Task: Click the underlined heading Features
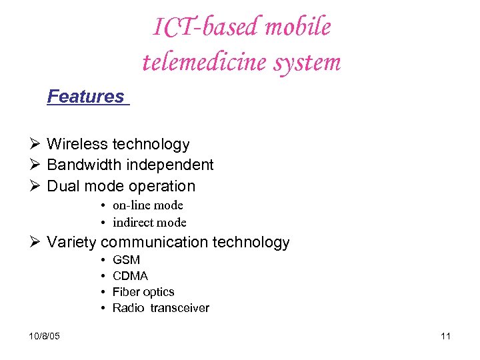point(86,97)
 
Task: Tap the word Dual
point(63,186)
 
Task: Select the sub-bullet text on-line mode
point(147,205)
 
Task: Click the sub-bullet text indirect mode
point(149,223)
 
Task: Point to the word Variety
point(71,242)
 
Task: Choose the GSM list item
point(126,260)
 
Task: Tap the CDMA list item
point(130,276)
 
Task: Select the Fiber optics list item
point(143,292)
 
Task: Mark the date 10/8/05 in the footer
point(45,336)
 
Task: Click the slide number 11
point(445,336)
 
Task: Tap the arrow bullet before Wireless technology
point(36,144)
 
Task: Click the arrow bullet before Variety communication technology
point(36,242)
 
